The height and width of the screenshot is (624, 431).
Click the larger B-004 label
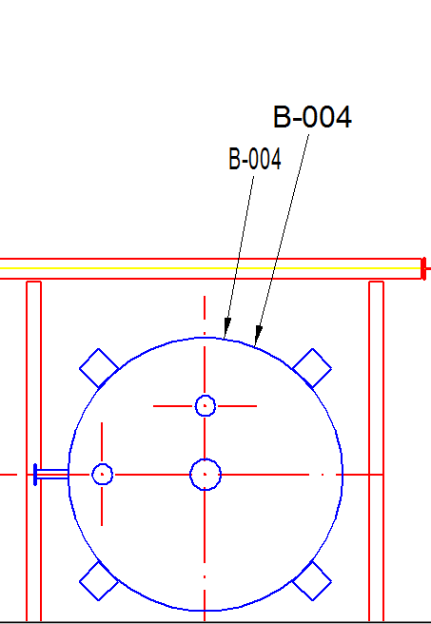[x=312, y=117]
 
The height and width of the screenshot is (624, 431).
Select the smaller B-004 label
[x=255, y=159]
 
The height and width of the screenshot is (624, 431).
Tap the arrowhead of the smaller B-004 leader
[x=226, y=328]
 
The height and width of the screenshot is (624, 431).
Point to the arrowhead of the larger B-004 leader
[x=258, y=336]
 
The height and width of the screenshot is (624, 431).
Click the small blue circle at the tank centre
[x=206, y=475]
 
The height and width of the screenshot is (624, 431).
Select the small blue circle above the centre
[x=206, y=405]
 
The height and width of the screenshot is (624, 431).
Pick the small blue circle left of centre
[x=102, y=475]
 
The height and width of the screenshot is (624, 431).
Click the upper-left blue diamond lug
[x=99, y=368]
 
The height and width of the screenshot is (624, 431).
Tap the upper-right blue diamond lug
[x=312, y=368]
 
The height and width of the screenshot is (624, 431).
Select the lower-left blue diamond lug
[x=99, y=581]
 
